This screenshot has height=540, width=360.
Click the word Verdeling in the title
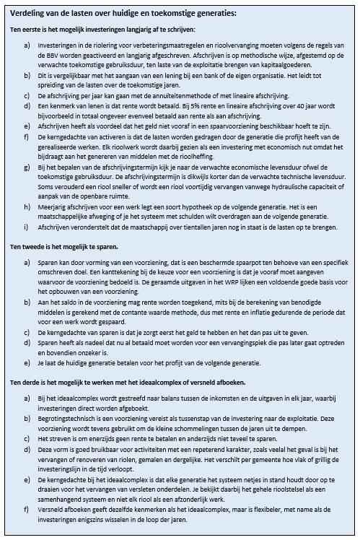[27, 14]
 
